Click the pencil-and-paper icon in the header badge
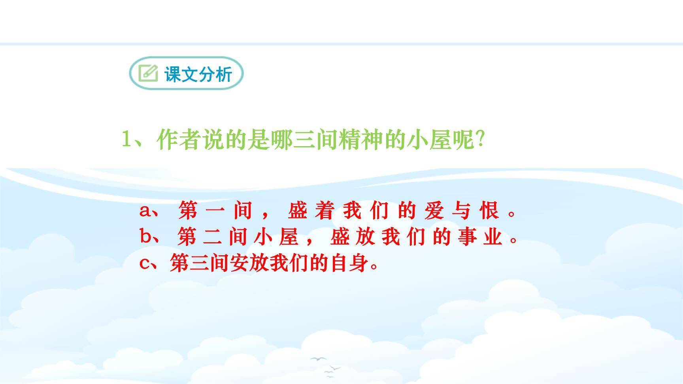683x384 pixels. click(148, 73)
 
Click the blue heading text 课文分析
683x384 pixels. click(198, 74)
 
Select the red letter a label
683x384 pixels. click(145, 211)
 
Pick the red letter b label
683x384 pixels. click(145, 237)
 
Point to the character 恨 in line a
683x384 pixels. click(489, 210)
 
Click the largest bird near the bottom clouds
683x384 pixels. click(318, 359)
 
